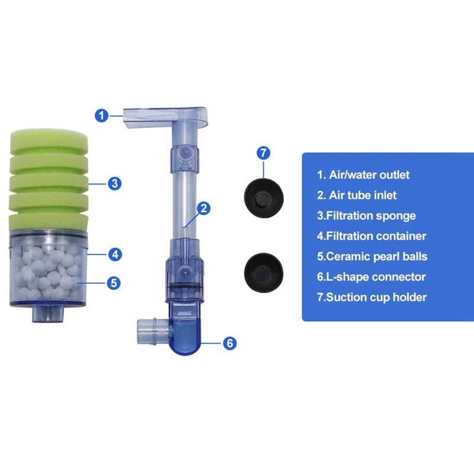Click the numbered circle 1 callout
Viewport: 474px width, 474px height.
pos(101,116)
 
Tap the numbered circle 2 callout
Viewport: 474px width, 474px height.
pos(203,209)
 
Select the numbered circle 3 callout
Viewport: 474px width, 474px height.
pos(114,184)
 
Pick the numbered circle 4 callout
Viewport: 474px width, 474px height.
pos(115,255)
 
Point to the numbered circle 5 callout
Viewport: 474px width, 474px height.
pos(114,283)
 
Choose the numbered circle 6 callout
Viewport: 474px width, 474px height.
pos(230,343)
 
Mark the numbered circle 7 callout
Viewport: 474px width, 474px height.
pos(264,153)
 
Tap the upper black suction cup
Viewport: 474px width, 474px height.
pos(264,198)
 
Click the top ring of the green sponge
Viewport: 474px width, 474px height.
pos(49,140)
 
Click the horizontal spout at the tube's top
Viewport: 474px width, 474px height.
pos(165,117)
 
